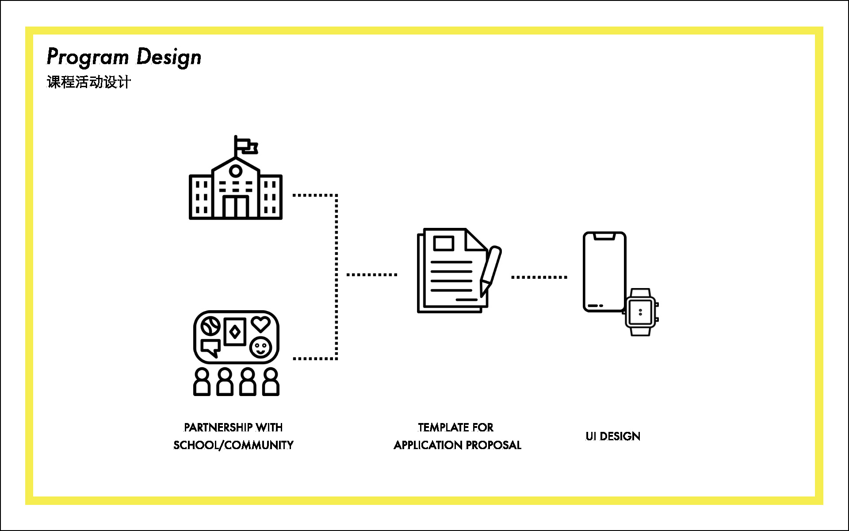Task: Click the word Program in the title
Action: [88, 57]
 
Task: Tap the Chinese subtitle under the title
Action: [89, 82]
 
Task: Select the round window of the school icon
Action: [236, 171]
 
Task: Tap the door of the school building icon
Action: [236, 206]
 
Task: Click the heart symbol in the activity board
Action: [261, 324]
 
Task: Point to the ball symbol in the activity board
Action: [210, 327]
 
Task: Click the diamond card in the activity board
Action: [235, 331]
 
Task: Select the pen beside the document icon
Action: [490, 270]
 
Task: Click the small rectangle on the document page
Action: [444, 243]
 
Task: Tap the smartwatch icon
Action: [640, 312]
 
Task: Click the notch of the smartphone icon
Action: [604, 237]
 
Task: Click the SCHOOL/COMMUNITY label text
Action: [233, 445]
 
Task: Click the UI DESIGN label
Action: [613, 436]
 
